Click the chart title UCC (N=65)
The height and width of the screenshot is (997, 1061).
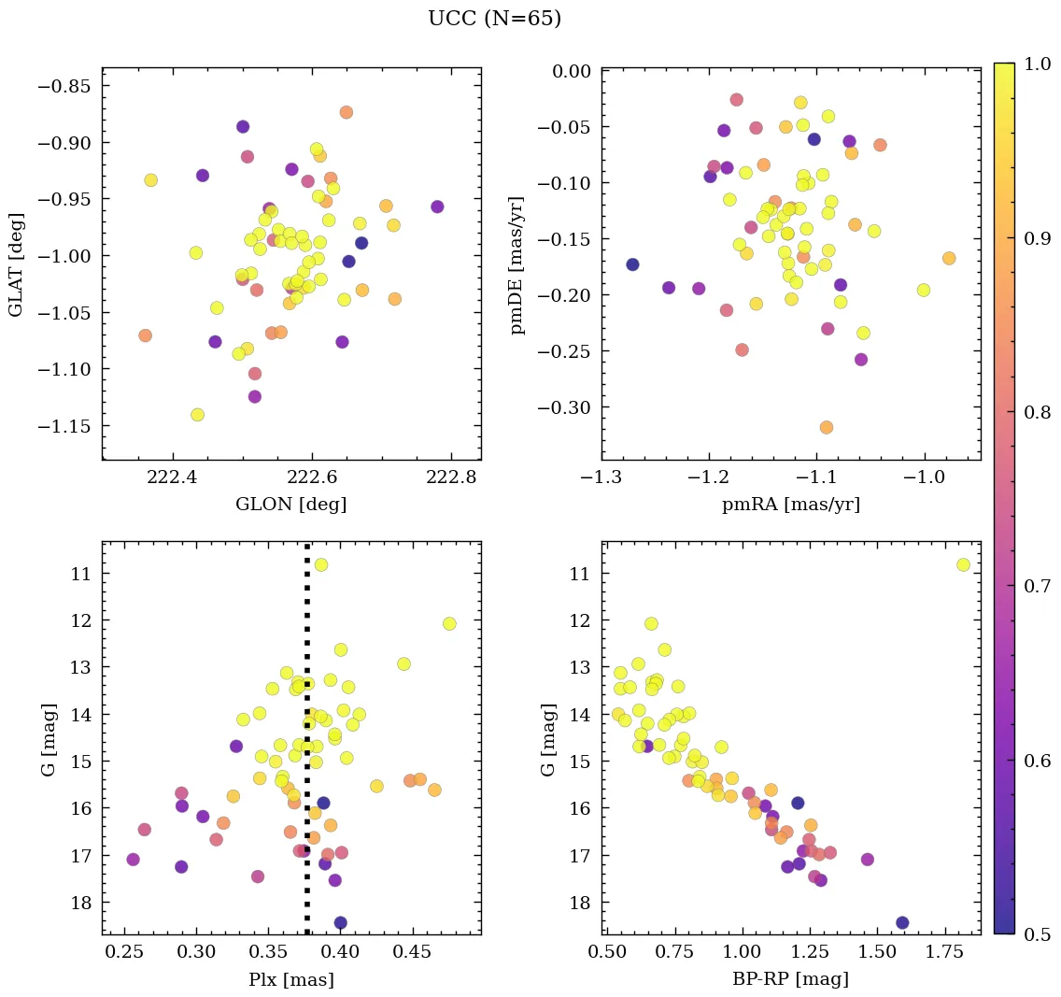tap(494, 19)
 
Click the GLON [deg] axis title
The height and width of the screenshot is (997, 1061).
tap(291, 505)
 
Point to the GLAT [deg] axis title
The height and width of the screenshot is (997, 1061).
tap(16, 264)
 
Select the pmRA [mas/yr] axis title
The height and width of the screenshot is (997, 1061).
tap(791, 505)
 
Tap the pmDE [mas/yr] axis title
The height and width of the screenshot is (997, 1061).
tap(516, 264)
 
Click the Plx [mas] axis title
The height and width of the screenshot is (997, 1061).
tap(291, 979)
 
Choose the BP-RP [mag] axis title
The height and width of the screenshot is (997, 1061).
tap(791, 979)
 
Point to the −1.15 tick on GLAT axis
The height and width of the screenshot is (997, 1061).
tap(64, 426)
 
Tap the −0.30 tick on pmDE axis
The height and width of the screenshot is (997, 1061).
tap(563, 407)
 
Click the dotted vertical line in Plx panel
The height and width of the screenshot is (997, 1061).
tap(307, 748)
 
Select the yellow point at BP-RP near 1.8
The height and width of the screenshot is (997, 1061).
tap(963, 564)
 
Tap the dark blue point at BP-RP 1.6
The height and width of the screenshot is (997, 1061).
tap(902, 922)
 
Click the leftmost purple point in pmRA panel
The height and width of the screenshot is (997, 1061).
tap(632, 264)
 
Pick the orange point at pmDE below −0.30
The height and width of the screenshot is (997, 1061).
tap(827, 427)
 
